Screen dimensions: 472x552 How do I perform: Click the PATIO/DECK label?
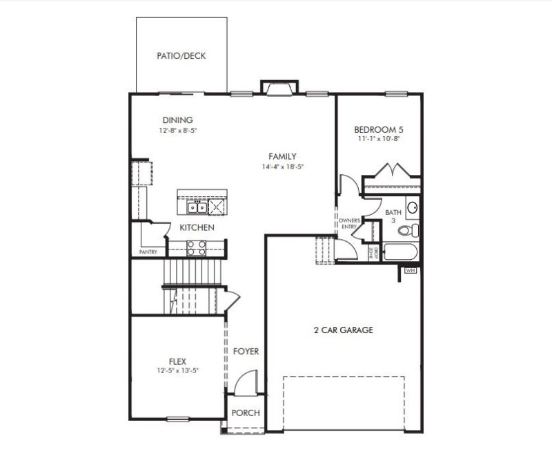[x=181, y=56]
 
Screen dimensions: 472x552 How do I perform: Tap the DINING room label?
[x=177, y=120]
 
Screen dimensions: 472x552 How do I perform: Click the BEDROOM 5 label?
[x=379, y=129]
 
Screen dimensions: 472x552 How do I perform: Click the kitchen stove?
[x=197, y=247]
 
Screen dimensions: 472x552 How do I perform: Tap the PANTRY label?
[x=148, y=252]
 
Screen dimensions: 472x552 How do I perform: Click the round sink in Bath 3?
[x=412, y=207]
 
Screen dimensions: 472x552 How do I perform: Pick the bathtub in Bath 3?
[x=398, y=252]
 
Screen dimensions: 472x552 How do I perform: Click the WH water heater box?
[x=411, y=270]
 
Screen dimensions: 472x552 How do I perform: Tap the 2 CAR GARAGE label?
[x=343, y=330]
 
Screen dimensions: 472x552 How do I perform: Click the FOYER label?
[x=246, y=352]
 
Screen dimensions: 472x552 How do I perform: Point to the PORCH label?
[x=246, y=413]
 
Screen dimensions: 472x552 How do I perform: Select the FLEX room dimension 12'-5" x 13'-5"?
[x=177, y=370]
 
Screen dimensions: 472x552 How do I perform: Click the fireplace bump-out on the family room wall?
[x=279, y=87]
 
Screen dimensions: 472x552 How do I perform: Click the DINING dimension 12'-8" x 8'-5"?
[x=177, y=130]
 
